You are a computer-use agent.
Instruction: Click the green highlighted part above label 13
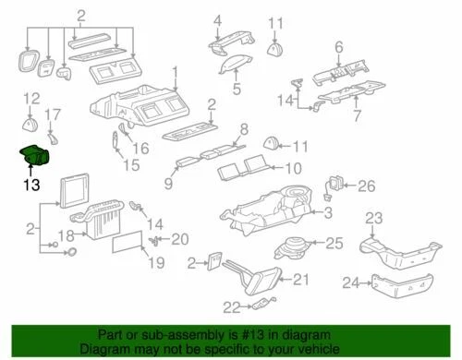click(x=32, y=155)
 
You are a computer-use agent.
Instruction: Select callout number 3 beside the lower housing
click(x=326, y=215)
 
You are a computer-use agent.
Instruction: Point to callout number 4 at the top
click(x=217, y=20)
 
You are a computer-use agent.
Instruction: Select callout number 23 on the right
click(x=372, y=218)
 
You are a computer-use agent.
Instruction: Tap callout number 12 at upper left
click(x=32, y=98)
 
